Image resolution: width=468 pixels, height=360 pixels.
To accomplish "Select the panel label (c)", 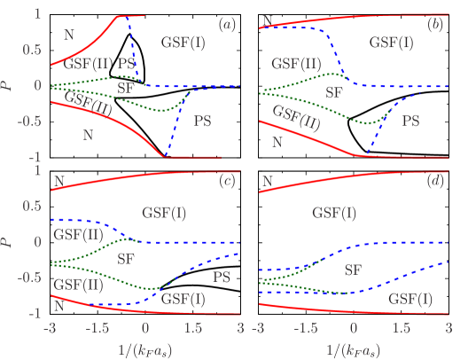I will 228,182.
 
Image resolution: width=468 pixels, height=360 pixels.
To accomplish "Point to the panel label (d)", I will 435,182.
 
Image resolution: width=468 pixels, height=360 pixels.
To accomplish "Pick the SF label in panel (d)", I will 354,269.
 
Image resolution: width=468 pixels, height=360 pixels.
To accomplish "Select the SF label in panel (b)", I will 334,91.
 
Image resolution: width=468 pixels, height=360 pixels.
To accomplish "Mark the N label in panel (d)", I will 265,184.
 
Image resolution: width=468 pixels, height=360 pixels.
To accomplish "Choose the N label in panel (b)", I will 277,141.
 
